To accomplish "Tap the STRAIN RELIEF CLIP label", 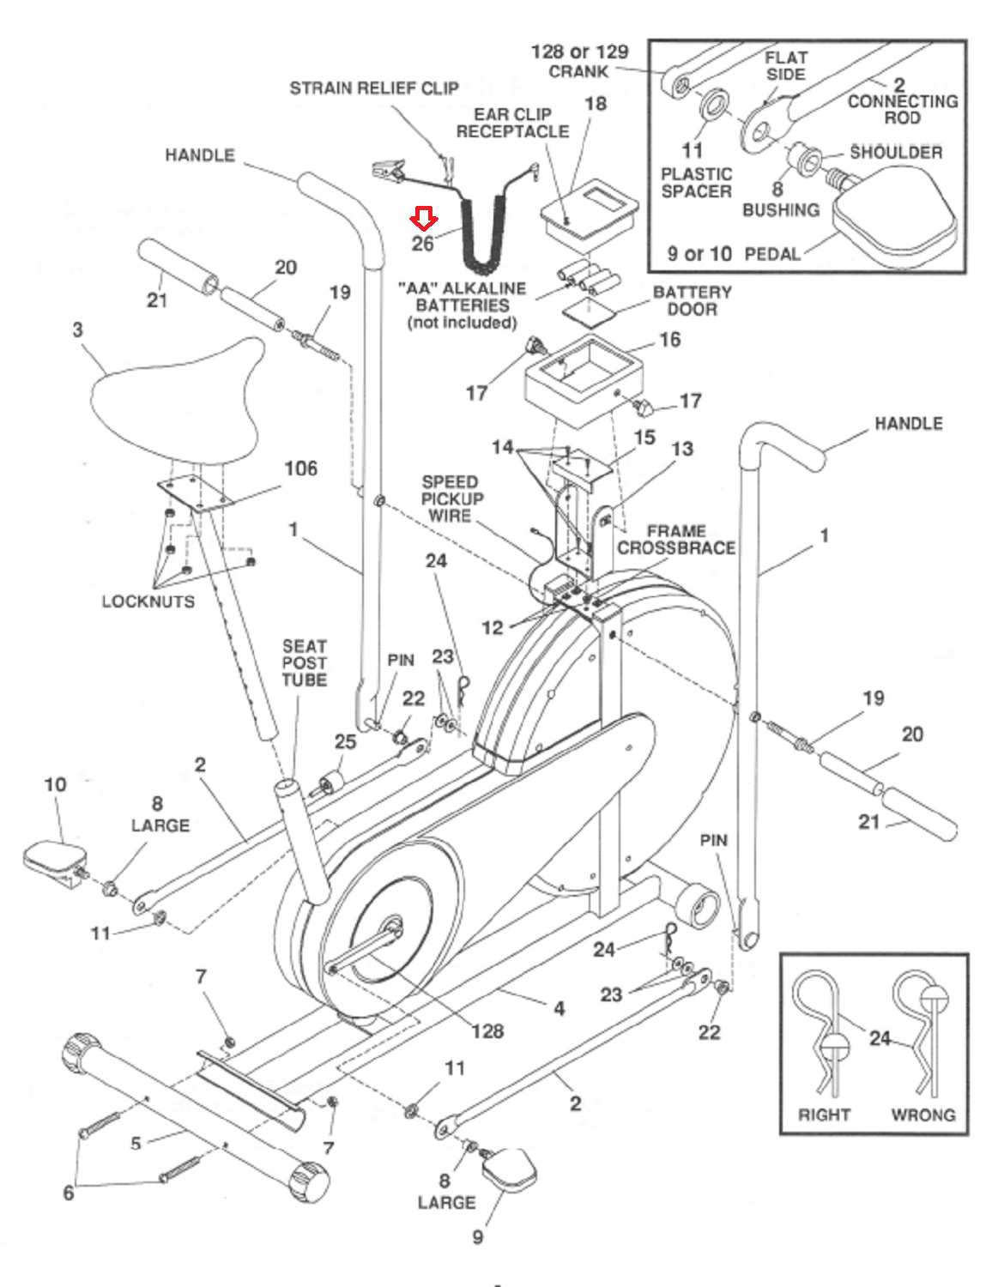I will pos(373,88).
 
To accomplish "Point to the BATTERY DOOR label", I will pos(692,300).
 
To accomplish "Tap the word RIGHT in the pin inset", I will pos(824,1115).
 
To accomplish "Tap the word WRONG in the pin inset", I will pos(922,1115).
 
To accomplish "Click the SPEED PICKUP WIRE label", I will pos(451,498).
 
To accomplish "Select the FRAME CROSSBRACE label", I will pos(676,540).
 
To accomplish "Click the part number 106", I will pos(300,468).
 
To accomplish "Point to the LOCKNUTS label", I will pos(148,601).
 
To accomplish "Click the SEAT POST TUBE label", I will pos(305,662).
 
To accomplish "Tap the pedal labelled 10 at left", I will pos(53,859).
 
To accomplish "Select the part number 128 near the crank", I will pos(487,1030).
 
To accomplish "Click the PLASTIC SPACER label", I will pos(696,183).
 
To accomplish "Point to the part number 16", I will pos(669,340).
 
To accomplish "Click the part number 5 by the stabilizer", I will pos(136,1143).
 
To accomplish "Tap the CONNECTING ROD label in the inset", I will pos(902,109).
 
